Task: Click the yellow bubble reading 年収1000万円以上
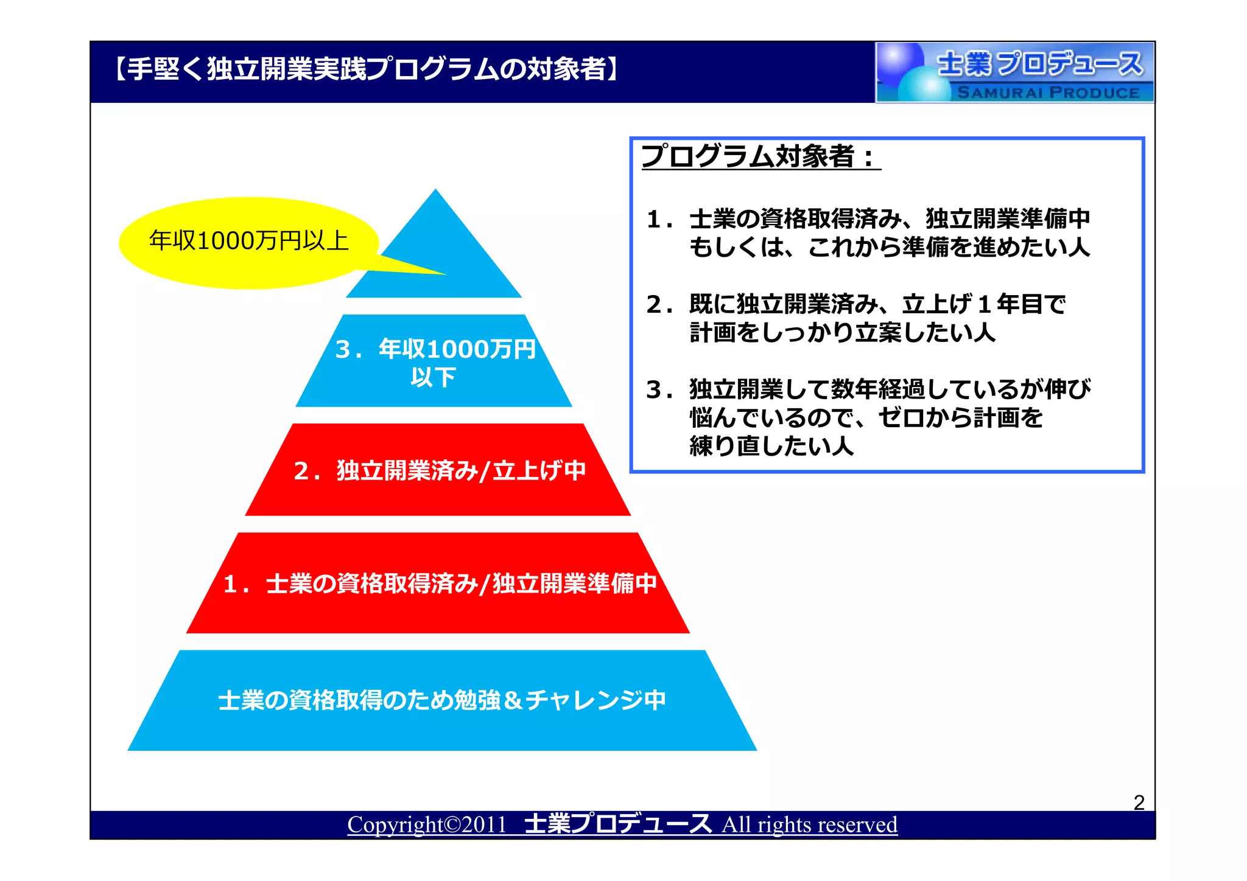click(x=248, y=242)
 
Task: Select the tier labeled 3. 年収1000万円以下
click(x=434, y=363)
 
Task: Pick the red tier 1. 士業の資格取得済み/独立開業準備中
click(x=438, y=583)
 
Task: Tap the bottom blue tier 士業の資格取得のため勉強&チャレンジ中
click(x=442, y=700)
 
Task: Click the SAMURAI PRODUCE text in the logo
click(x=1048, y=93)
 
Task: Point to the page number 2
click(x=1139, y=803)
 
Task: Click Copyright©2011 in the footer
click(x=427, y=825)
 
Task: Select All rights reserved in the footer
click(x=809, y=825)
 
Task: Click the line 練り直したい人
click(x=771, y=446)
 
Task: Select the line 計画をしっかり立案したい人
click(x=842, y=333)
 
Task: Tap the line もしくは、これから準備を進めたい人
click(x=889, y=248)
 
